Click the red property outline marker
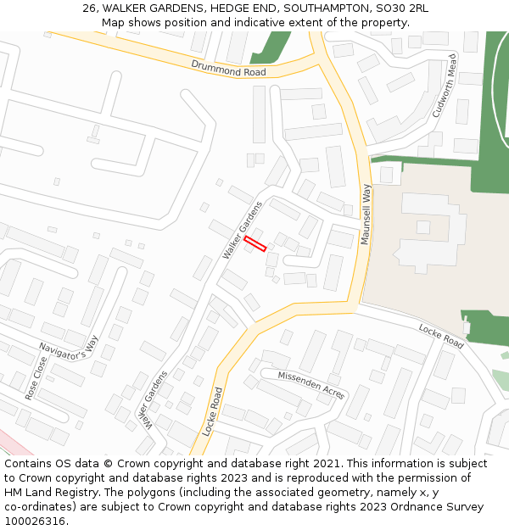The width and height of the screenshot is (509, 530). (x=255, y=244)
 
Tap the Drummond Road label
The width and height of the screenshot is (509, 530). (x=228, y=68)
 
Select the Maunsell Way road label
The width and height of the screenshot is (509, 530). (x=366, y=216)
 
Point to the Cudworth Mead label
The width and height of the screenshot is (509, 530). (x=445, y=86)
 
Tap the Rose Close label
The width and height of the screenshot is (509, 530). (x=36, y=377)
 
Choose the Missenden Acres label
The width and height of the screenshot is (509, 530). (x=311, y=385)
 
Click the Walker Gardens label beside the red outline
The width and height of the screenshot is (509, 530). (x=243, y=230)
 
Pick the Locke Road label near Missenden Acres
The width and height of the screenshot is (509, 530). (x=213, y=411)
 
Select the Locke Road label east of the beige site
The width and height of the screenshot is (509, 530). (x=441, y=336)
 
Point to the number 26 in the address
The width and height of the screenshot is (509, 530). (x=90, y=8)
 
